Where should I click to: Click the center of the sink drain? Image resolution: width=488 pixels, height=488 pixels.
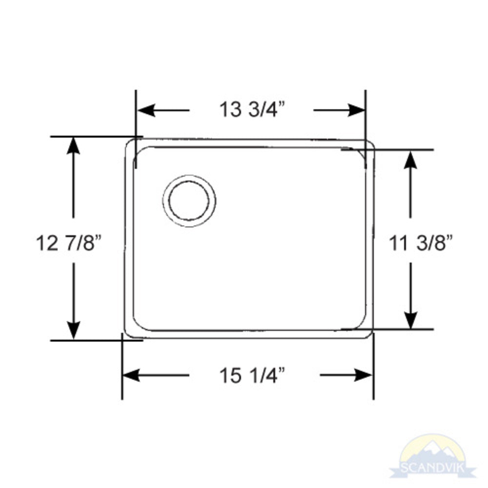coord(189,201)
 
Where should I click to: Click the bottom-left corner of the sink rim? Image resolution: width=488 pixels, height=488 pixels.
coord(128,333)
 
